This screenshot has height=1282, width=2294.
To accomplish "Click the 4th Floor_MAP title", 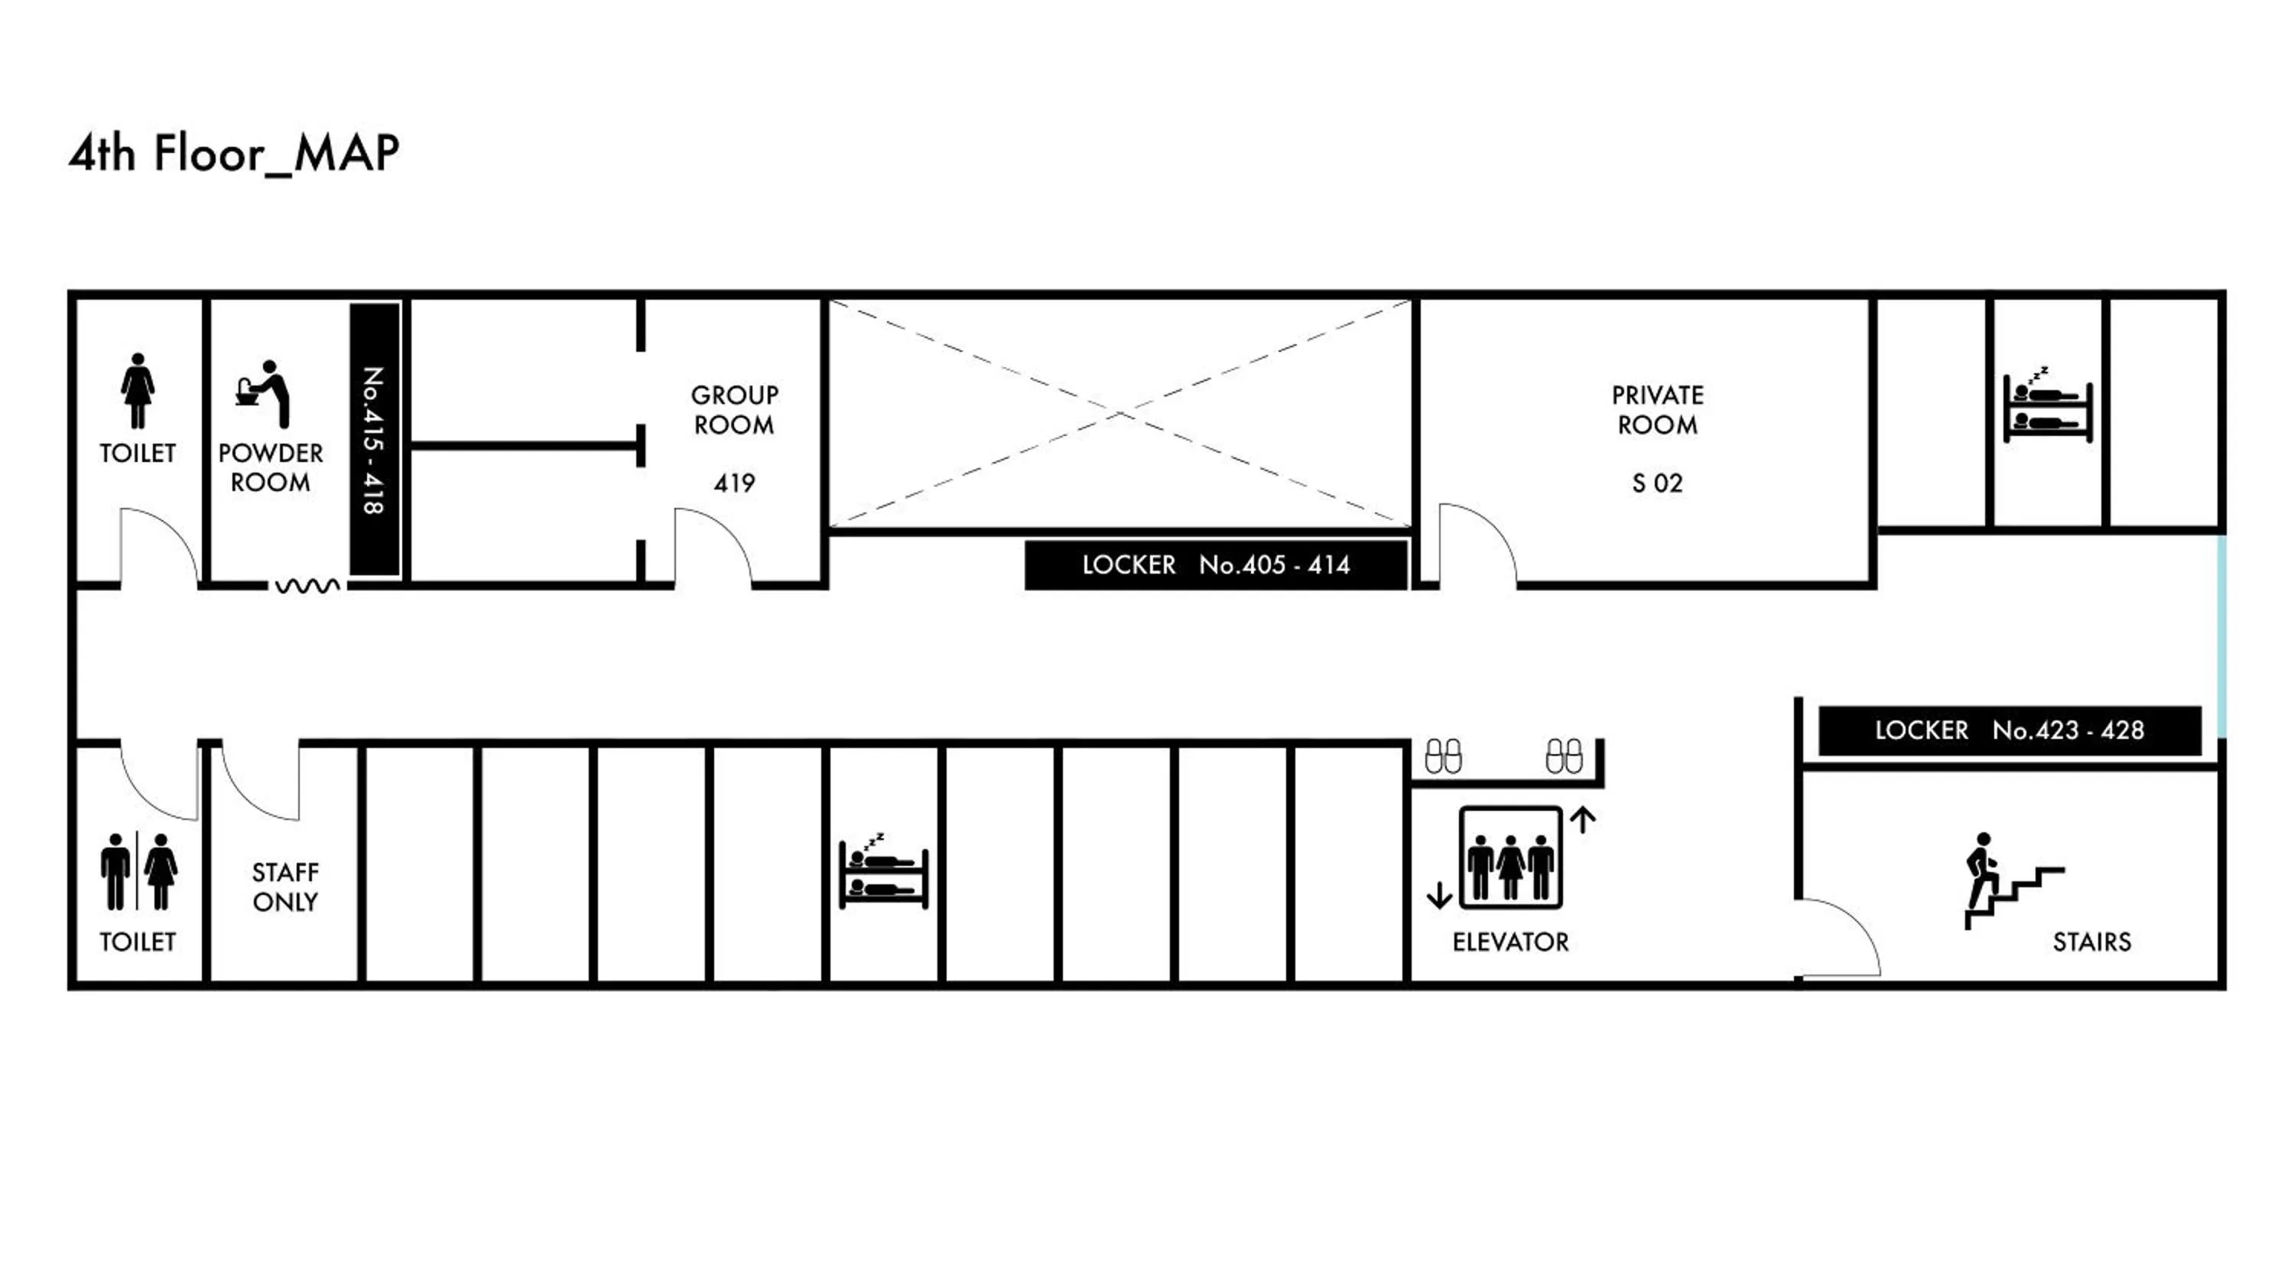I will coord(233,153).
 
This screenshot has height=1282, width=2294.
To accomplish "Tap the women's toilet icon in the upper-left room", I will coord(137,390).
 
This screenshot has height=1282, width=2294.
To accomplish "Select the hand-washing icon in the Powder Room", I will coord(264,393).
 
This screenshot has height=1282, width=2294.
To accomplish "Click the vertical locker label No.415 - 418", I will coord(374,439).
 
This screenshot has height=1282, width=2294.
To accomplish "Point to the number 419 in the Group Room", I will coord(734,483).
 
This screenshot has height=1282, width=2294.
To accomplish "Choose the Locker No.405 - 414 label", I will coord(1216,565).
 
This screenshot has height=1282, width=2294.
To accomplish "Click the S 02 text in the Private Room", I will coord(1656,483).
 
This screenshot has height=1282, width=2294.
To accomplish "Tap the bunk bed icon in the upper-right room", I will coord(2046,405).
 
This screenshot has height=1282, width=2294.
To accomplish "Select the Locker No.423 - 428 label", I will coord(2009,730).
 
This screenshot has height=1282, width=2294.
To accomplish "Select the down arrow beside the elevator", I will coord(1439,894).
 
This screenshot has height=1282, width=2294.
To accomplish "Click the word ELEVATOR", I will coord(1509,942).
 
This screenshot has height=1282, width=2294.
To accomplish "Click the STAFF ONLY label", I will coord(285,887).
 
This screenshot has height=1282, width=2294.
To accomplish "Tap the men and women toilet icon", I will coord(138,871).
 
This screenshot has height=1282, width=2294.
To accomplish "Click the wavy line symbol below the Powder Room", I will coord(307,586).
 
